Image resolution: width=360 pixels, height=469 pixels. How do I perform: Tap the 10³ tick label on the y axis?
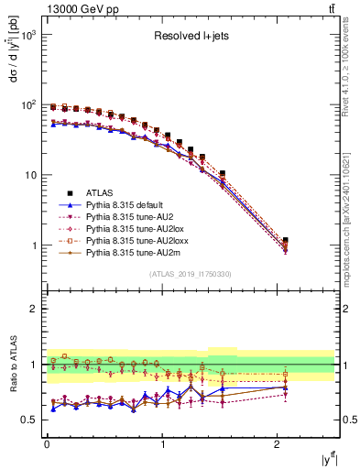28,35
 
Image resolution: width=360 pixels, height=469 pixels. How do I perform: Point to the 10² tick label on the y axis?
28,105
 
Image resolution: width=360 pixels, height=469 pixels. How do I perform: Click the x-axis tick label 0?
47,444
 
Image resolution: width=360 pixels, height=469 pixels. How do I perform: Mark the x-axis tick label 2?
279,444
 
